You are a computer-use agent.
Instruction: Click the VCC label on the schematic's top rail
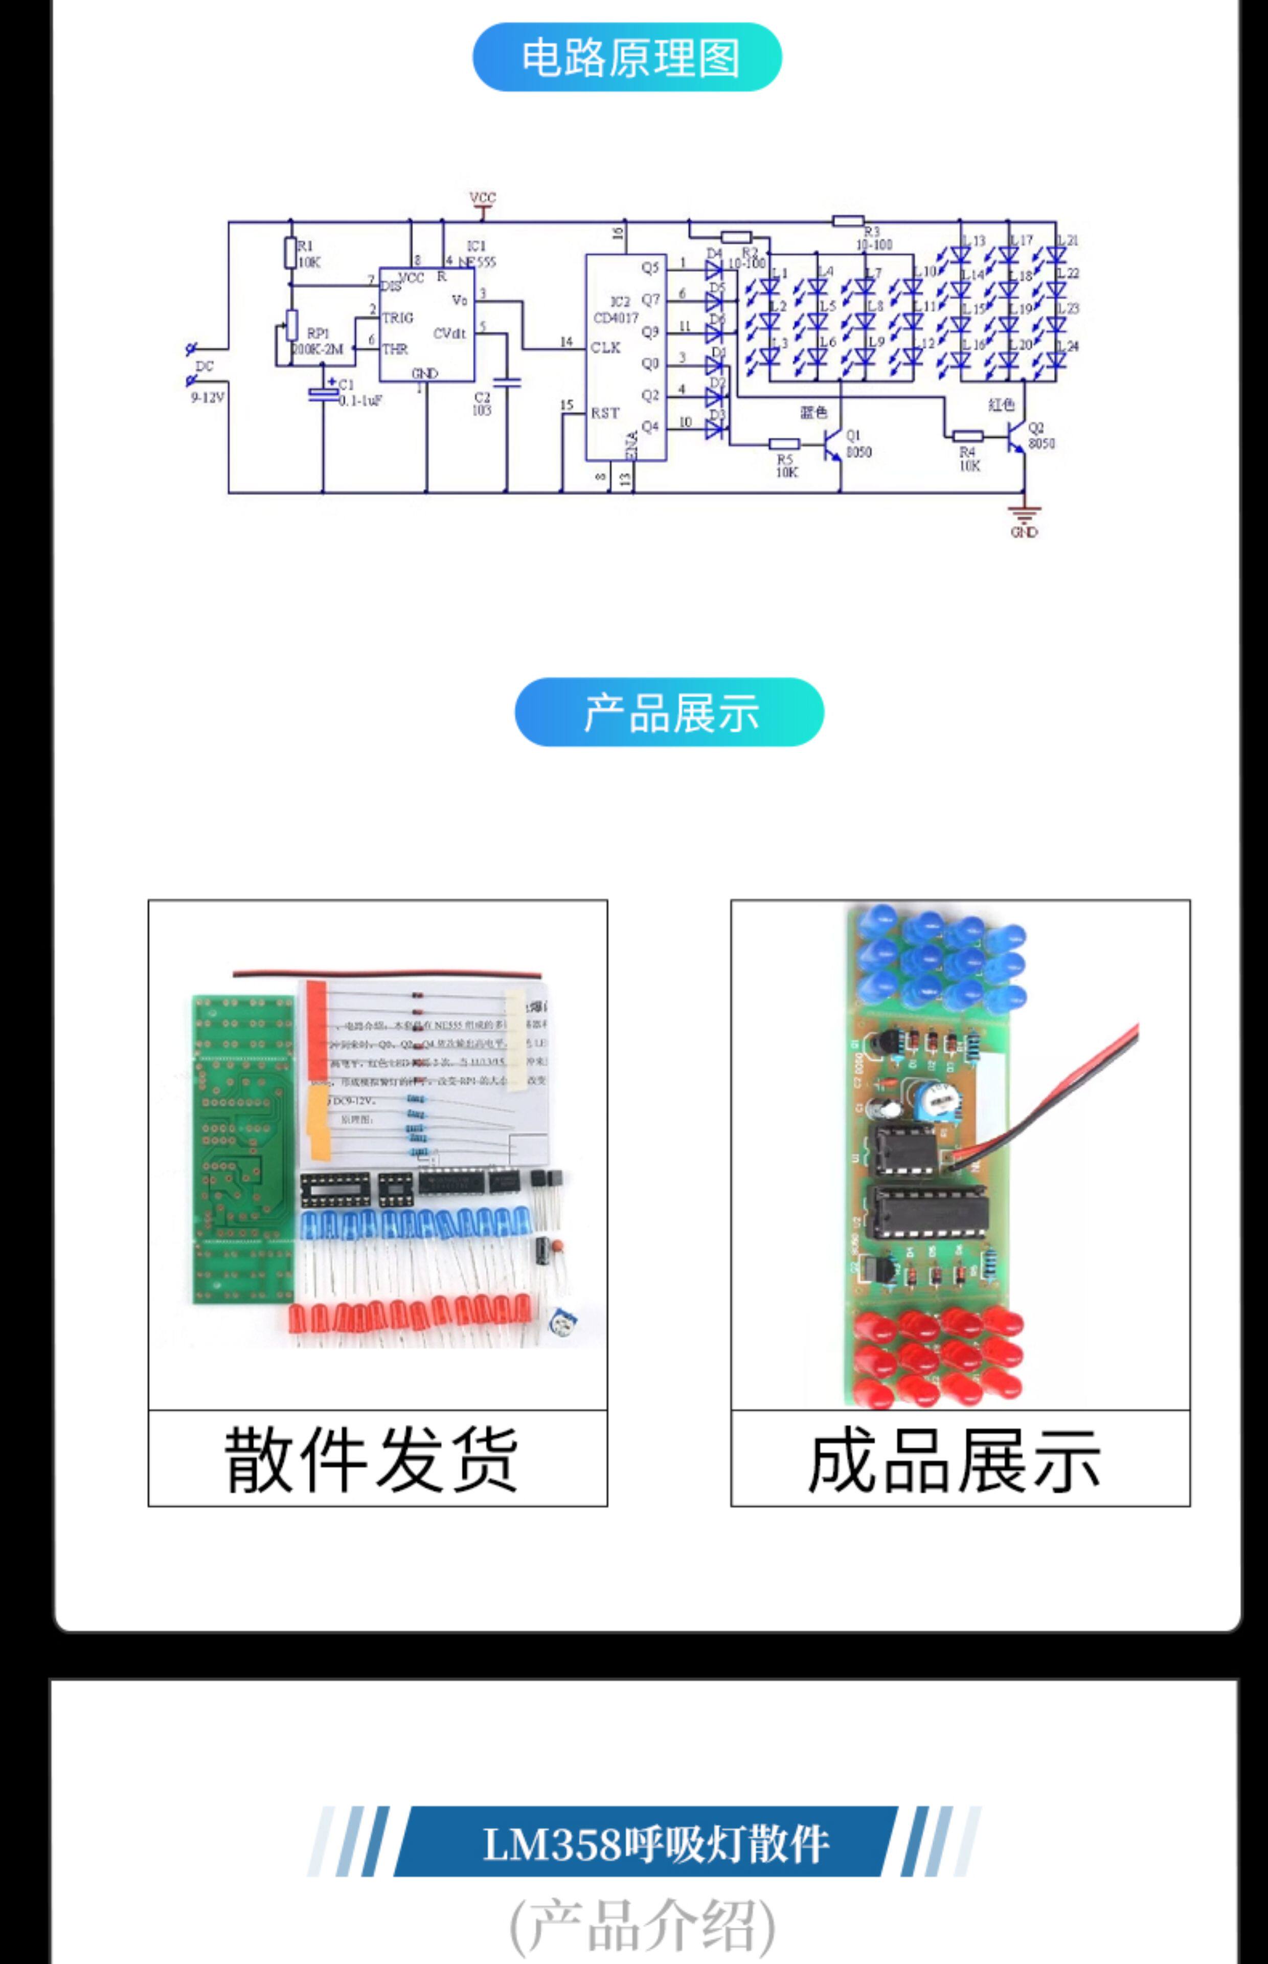coord(483,197)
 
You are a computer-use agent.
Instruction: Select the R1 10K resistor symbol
coord(290,253)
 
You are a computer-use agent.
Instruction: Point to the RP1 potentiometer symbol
coord(290,325)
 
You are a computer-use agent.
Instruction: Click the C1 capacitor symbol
coord(323,394)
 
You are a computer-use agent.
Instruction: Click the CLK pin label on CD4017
coord(605,348)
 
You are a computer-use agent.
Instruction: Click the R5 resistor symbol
coord(785,444)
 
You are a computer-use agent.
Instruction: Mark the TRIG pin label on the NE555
coord(398,318)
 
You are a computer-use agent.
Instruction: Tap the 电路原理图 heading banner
coord(627,57)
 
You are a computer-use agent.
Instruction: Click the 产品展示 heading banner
coord(669,712)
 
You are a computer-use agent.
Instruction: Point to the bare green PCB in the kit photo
coord(242,1149)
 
